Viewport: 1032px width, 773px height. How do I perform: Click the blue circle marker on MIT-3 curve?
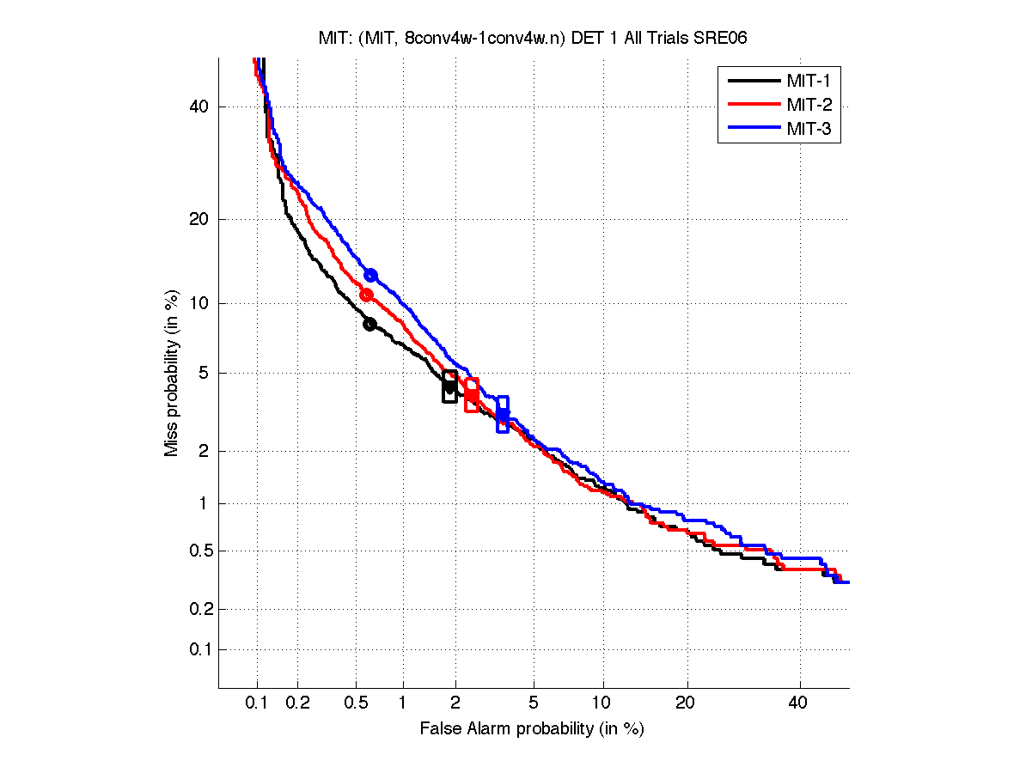tap(370, 275)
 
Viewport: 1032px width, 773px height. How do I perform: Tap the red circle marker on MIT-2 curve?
tap(366, 295)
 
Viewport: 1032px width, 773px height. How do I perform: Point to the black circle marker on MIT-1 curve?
tap(369, 324)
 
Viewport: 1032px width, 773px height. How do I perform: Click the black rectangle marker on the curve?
tap(449, 386)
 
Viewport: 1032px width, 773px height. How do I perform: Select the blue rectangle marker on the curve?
tap(503, 414)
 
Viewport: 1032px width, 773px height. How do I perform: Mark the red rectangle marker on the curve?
tap(471, 395)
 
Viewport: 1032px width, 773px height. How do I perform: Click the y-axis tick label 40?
tap(198, 107)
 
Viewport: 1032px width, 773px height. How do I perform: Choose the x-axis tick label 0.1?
tap(257, 703)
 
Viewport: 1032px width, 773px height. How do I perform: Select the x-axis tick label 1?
tap(403, 703)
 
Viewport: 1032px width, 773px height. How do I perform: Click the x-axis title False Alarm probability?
tap(532, 729)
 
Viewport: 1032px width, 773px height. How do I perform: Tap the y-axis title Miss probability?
tap(172, 373)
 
